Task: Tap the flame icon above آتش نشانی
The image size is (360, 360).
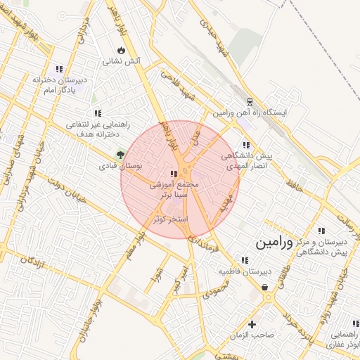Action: pyautogui.click(x=122, y=51)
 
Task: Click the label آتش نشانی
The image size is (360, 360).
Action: pyautogui.click(x=122, y=62)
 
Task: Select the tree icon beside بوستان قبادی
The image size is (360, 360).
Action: pyautogui.click(x=120, y=155)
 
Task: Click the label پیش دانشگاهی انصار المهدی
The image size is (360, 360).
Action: pyautogui.click(x=242, y=161)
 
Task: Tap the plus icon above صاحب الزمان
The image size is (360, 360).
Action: pyautogui.click(x=252, y=324)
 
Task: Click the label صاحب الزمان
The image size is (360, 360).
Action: pyautogui.click(x=252, y=335)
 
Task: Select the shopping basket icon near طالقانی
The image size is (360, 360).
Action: pyautogui.click(x=264, y=287)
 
